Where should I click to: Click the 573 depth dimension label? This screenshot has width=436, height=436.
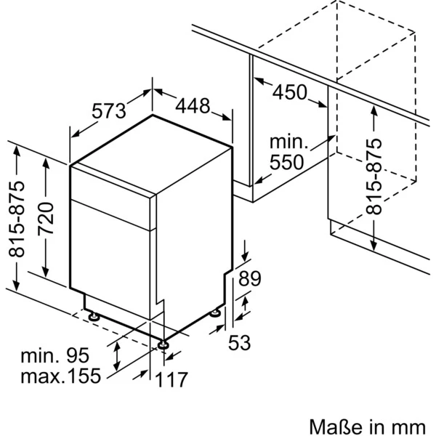click(x=110, y=111)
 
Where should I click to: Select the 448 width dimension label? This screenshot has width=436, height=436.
click(x=193, y=106)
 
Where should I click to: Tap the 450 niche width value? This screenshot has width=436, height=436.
click(x=291, y=92)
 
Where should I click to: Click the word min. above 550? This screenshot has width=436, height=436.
click(x=288, y=142)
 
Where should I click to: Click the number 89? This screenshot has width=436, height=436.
click(x=249, y=278)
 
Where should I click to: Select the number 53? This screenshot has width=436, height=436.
click(x=240, y=342)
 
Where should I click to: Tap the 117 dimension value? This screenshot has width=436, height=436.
click(x=172, y=379)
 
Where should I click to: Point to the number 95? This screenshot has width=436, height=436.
click(x=76, y=356)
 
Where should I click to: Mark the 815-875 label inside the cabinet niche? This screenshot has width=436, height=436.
click(x=374, y=176)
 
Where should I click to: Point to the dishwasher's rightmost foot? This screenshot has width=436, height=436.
click(x=215, y=314)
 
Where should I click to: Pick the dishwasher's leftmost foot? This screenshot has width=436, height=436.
click(x=94, y=316)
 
